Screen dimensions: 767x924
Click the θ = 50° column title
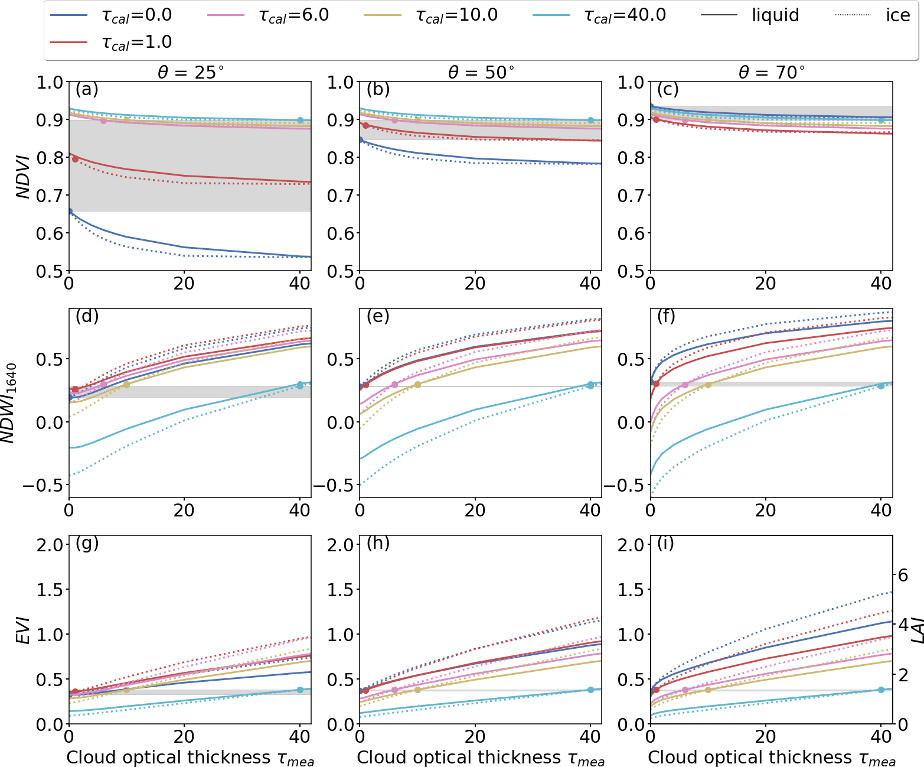click(x=481, y=73)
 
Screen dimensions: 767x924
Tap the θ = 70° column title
click(x=772, y=73)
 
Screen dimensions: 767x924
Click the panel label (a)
click(x=87, y=90)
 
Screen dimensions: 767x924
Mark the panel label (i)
click(x=666, y=544)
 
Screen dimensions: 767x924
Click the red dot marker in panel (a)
click(x=75, y=159)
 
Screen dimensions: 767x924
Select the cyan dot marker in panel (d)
click(x=300, y=385)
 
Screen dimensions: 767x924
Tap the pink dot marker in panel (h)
click(x=394, y=690)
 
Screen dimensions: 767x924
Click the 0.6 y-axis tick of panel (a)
click(x=50, y=233)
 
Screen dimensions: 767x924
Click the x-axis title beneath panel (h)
click(x=481, y=758)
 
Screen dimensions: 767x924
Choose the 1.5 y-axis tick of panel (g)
click(x=50, y=590)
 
